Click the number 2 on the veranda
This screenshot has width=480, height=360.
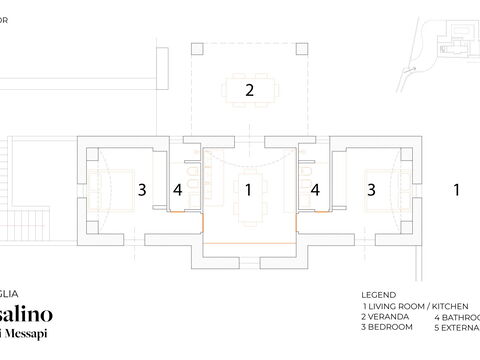click(x=249, y=90)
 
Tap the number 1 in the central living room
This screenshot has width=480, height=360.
click(x=248, y=188)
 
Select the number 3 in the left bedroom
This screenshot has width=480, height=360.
click(x=143, y=188)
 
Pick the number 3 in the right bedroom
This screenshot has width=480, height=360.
click(x=371, y=188)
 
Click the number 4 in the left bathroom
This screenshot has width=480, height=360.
click(x=178, y=188)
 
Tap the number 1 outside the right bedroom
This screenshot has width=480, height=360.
click(x=456, y=188)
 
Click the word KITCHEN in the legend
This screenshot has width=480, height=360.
click(x=454, y=305)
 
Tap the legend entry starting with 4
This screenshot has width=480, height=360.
click(x=456, y=316)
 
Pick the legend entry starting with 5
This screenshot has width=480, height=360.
click(x=456, y=327)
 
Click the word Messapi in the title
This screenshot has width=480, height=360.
click(x=30, y=332)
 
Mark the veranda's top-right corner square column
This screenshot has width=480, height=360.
click(x=305, y=43)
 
